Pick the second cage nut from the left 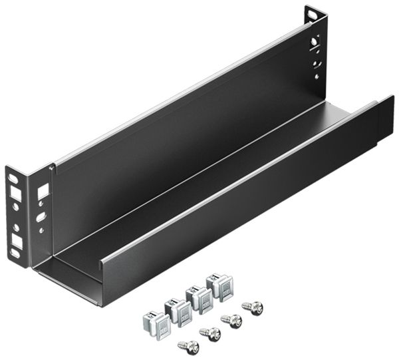pos(178,307)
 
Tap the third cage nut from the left pos(198,297)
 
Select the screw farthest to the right pos(253,307)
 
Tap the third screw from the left pos(232,320)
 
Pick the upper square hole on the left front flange pos(15,194)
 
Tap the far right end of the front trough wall pos(385,120)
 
